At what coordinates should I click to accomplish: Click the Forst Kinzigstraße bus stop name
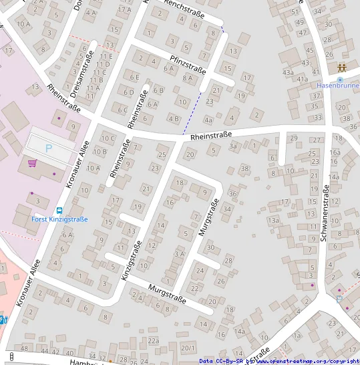point(59,219)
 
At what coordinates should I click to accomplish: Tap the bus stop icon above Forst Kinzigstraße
point(59,209)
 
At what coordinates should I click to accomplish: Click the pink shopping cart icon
point(31,163)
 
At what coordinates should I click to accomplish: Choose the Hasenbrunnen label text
point(338,86)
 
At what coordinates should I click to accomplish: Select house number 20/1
point(188,348)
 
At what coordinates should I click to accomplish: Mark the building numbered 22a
point(154,341)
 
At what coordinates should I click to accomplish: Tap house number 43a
point(288,72)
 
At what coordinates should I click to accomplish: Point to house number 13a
point(273,220)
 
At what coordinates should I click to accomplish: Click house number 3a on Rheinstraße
point(232,145)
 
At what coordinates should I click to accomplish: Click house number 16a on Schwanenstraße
point(334,152)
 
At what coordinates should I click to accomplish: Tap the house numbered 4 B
point(174,119)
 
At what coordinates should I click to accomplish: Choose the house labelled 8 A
point(188,78)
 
